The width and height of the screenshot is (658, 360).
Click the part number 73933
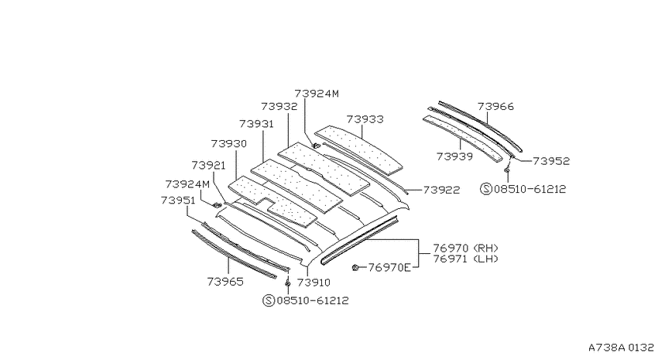[365, 119]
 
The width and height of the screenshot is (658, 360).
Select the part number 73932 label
[279, 107]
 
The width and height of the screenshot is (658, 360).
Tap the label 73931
[256, 124]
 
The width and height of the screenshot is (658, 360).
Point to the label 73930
[228, 144]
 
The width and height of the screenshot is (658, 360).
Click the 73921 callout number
[208, 166]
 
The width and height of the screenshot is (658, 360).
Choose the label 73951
[178, 201]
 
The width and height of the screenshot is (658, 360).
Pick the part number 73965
[225, 282]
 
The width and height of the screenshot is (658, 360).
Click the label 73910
[314, 283]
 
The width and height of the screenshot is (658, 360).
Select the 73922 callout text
[441, 190]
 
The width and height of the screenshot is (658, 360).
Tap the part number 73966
[495, 107]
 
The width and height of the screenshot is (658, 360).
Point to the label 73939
[454, 156]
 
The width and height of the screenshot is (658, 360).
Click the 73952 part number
[551, 161]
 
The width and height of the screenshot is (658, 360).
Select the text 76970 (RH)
[466, 249]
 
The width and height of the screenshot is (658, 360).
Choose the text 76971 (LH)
[466, 259]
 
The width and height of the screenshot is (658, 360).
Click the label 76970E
[389, 267]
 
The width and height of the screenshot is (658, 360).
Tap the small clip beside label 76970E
[355, 267]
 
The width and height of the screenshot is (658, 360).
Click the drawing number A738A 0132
[621, 348]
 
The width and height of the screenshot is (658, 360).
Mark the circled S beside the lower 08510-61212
[269, 300]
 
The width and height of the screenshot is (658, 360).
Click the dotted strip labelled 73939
[462, 138]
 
